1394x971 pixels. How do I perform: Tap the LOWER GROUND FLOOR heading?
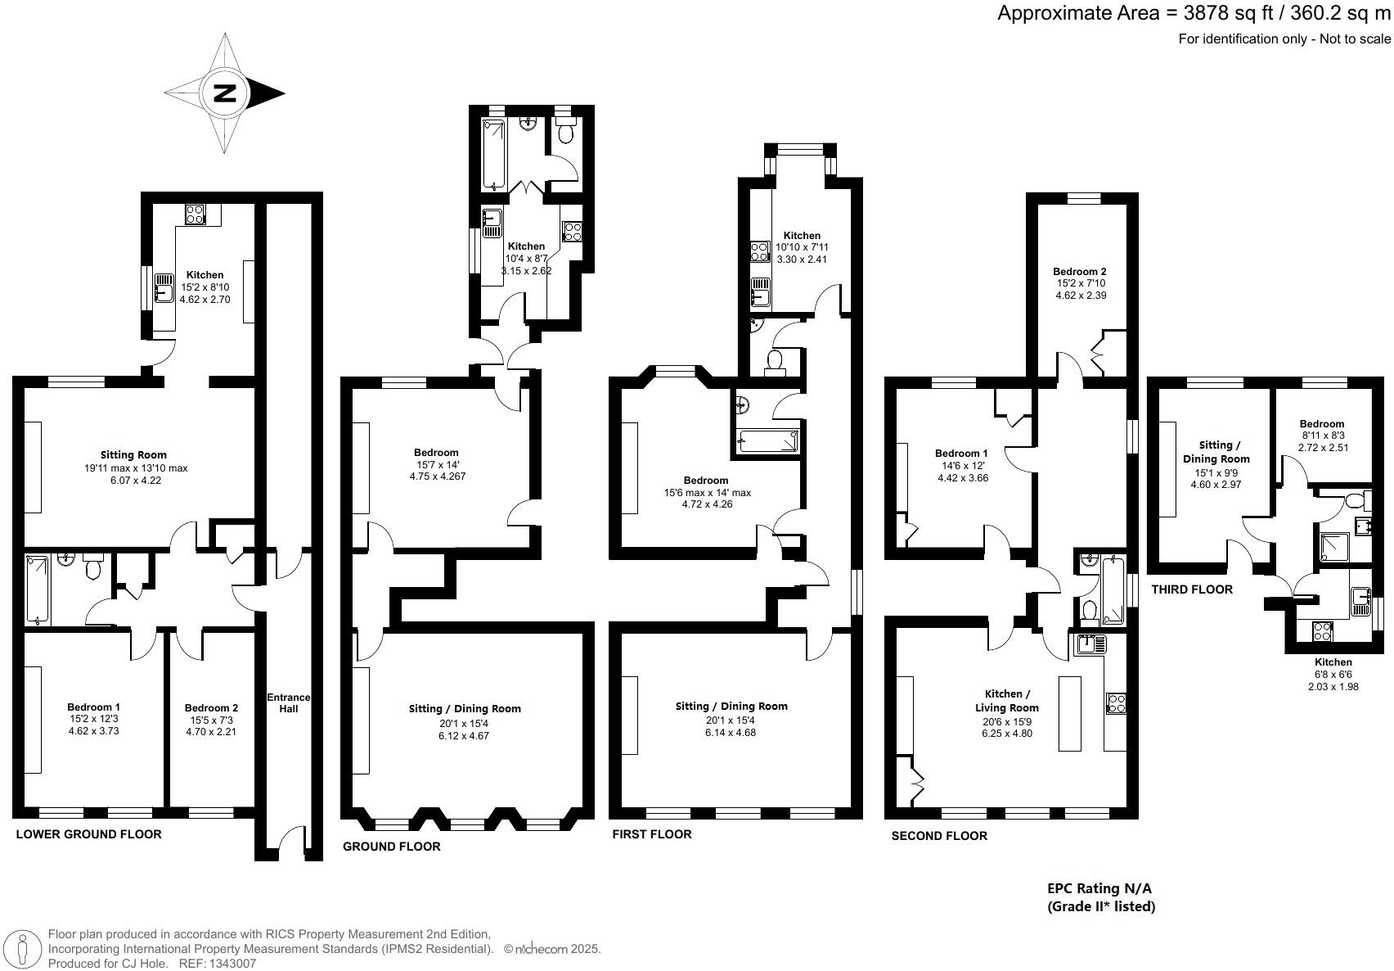pos(88,834)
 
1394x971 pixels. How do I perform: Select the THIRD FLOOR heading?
pos(1191,589)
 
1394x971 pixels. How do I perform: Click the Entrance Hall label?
pos(289,702)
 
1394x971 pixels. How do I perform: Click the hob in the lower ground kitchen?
pos(196,215)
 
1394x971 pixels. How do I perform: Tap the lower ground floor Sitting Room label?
pos(133,454)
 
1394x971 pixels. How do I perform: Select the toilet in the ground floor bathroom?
pos(566,131)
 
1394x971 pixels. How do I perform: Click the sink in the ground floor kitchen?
pos(492,222)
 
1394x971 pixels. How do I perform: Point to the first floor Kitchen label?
pos(801,235)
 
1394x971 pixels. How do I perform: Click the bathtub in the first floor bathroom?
pos(767,441)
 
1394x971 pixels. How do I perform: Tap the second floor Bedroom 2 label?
pos(1080,271)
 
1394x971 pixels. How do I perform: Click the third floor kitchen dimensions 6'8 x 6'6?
pos(1333,675)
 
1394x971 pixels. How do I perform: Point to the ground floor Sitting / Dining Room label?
pos(465,708)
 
